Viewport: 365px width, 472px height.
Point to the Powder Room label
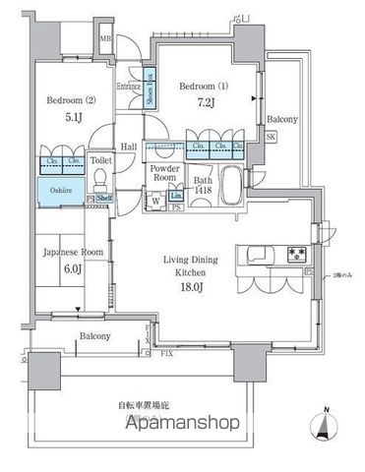(x=162, y=173)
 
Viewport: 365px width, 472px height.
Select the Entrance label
(x=129, y=87)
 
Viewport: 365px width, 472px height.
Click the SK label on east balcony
(x=272, y=138)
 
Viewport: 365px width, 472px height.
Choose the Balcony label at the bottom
(x=95, y=336)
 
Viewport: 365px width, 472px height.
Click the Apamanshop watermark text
(x=182, y=424)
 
